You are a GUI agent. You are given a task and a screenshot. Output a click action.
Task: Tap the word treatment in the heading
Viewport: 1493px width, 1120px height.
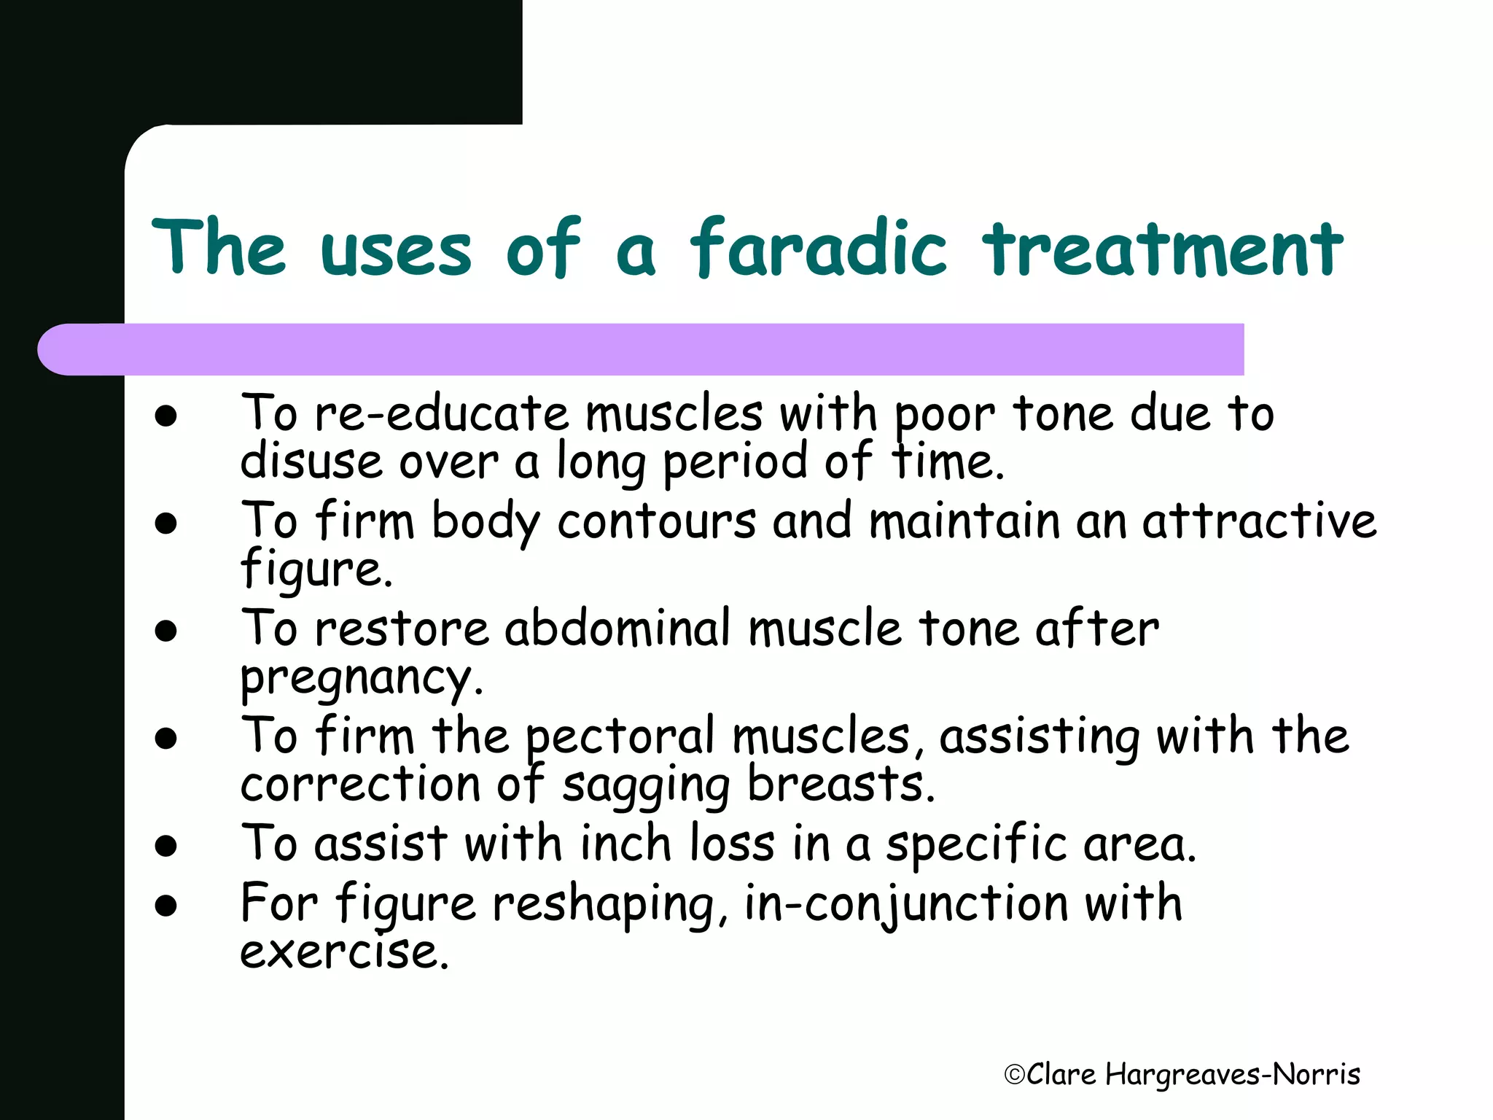1162,248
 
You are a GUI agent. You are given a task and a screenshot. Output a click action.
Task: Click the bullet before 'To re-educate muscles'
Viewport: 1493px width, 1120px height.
166,416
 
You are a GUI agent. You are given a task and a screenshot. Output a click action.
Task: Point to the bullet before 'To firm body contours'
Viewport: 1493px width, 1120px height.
166,524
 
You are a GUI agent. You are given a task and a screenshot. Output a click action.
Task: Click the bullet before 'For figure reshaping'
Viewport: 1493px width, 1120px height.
166,906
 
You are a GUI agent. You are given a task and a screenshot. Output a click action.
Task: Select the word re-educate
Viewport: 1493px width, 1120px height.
441,414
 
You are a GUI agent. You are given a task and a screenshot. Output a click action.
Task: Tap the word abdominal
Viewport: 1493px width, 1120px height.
617,629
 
